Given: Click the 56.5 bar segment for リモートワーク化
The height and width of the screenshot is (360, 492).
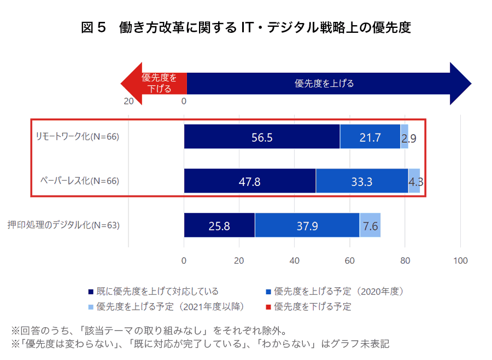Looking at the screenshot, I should pyautogui.click(x=262, y=137).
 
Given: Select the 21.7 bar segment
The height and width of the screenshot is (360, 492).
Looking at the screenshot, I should pyautogui.click(x=370, y=137).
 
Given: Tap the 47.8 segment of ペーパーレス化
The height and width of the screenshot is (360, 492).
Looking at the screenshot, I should pyautogui.click(x=250, y=181).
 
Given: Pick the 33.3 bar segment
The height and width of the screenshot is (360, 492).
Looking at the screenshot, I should pyautogui.click(x=362, y=181).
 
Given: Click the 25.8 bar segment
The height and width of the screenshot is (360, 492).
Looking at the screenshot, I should pyautogui.click(x=219, y=225).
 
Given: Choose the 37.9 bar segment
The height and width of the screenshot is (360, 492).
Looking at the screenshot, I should pyautogui.click(x=307, y=225).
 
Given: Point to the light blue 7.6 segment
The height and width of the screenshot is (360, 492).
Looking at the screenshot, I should pyautogui.click(x=370, y=225).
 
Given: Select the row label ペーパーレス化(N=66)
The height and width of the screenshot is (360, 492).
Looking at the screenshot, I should pyautogui.click(x=79, y=181).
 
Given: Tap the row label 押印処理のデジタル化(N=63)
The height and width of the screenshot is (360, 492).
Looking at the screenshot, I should pyautogui.click(x=63, y=225).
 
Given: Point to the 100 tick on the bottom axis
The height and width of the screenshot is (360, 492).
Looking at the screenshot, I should pyautogui.click(x=461, y=260).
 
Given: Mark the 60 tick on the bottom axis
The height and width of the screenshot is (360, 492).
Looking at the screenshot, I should pyautogui.click(x=350, y=260).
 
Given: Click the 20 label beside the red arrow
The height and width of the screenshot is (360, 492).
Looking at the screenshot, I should pyautogui.click(x=128, y=101).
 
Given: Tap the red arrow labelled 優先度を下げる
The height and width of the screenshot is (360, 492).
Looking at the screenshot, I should pyautogui.click(x=156, y=83).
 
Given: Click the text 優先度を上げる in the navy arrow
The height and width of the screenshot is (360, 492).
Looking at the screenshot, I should pyautogui.click(x=324, y=84).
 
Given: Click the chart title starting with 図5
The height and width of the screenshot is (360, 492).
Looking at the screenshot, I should pyautogui.click(x=246, y=27).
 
